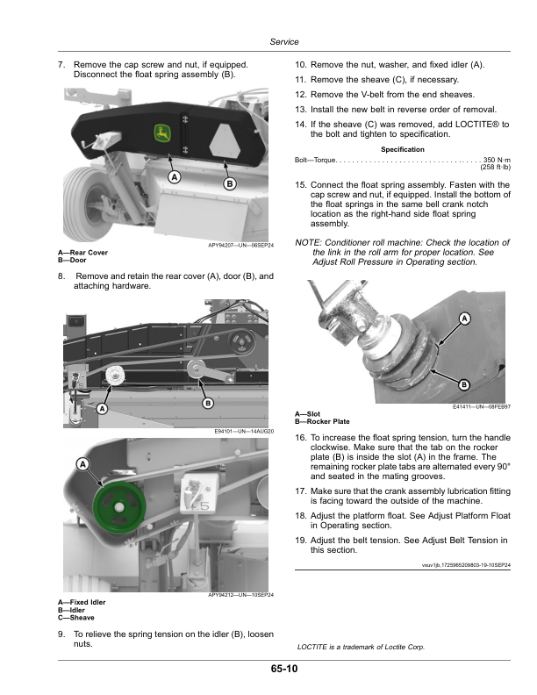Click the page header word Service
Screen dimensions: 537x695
tap(284, 41)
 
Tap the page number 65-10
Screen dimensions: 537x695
tap(284, 669)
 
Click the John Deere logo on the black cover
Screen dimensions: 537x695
tap(162, 133)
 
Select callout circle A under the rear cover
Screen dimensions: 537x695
tap(175, 177)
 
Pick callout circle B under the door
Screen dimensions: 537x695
tap(230, 183)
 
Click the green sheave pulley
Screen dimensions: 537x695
tap(119, 507)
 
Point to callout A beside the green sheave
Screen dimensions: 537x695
tap(82, 464)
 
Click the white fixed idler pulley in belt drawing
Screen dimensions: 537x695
tap(115, 376)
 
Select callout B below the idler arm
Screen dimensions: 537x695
tap(207, 403)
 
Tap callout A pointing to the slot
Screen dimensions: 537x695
tap(464, 319)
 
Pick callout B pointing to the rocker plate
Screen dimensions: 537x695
tap(464, 384)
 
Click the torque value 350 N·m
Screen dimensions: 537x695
tap(497, 160)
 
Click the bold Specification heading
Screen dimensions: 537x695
tap(402, 149)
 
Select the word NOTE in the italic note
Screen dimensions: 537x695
tap(307, 242)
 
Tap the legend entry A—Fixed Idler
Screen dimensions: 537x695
tap(82, 602)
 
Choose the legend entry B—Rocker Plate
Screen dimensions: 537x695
tap(322, 421)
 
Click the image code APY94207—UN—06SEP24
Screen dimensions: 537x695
tap(240, 245)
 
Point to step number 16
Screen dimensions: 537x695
tap(300, 438)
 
